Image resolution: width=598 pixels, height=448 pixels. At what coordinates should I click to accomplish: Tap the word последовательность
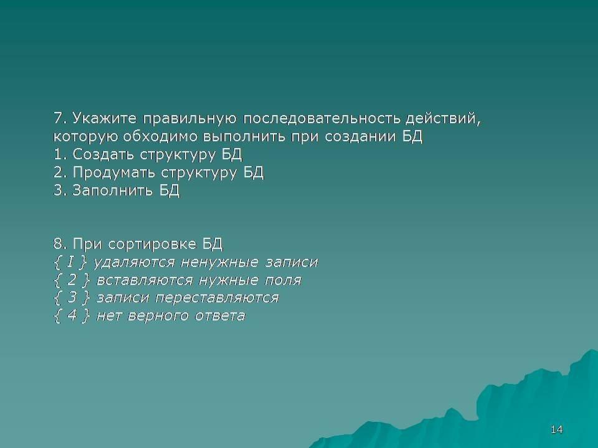click(x=322, y=118)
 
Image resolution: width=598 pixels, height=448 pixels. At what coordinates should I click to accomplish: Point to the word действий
click(x=443, y=119)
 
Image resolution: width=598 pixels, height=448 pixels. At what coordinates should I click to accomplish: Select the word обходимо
click(x=160, y=136)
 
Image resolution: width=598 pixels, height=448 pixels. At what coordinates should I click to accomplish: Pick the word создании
click(x=361, y=137)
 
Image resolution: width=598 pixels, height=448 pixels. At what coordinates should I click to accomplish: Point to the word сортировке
click(x=152, y=244)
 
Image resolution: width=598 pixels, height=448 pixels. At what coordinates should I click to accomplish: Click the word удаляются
click(x=134, y=262)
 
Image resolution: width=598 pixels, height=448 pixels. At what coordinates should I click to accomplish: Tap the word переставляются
click(x=217, y=297)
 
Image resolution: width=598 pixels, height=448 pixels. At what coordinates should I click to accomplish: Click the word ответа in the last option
click(x=220, y=316)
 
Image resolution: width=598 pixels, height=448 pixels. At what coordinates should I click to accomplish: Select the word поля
click(x=283, y=281)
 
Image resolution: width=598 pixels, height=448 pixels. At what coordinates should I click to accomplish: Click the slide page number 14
click(x=556, y=430)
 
